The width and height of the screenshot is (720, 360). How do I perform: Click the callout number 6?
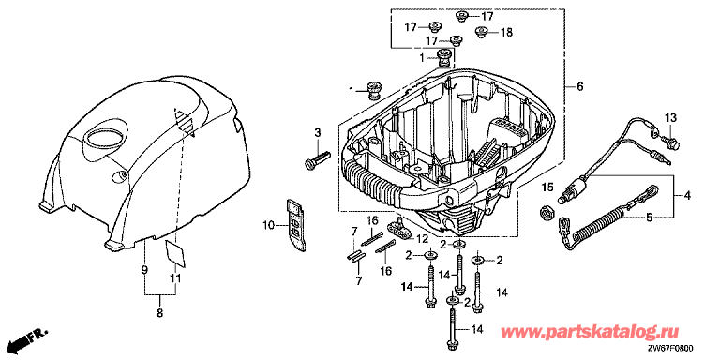click(579, 86)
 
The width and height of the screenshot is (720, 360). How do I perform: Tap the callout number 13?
click(671, 118)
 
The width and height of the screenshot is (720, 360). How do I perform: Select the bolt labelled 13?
click(670, 141)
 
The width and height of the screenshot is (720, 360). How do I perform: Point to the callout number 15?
click(547, 187)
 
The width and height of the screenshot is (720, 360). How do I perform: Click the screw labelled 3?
click(317, 159)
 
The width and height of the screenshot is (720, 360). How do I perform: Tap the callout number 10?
click(269, 225)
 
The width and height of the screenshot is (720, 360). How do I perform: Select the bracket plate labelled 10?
click(296, 225)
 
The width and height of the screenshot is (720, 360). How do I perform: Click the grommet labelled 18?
click(481, 32)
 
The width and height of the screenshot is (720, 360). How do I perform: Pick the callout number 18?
click(506, 33)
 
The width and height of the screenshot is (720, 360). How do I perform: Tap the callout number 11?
click(176, 278)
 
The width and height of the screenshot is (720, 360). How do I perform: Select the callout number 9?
click(144, 270)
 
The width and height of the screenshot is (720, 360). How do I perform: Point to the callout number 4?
click(687, 197)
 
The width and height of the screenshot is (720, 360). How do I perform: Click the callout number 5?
click(650, 217)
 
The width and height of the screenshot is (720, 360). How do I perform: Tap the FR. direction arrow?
click(31, 338)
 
